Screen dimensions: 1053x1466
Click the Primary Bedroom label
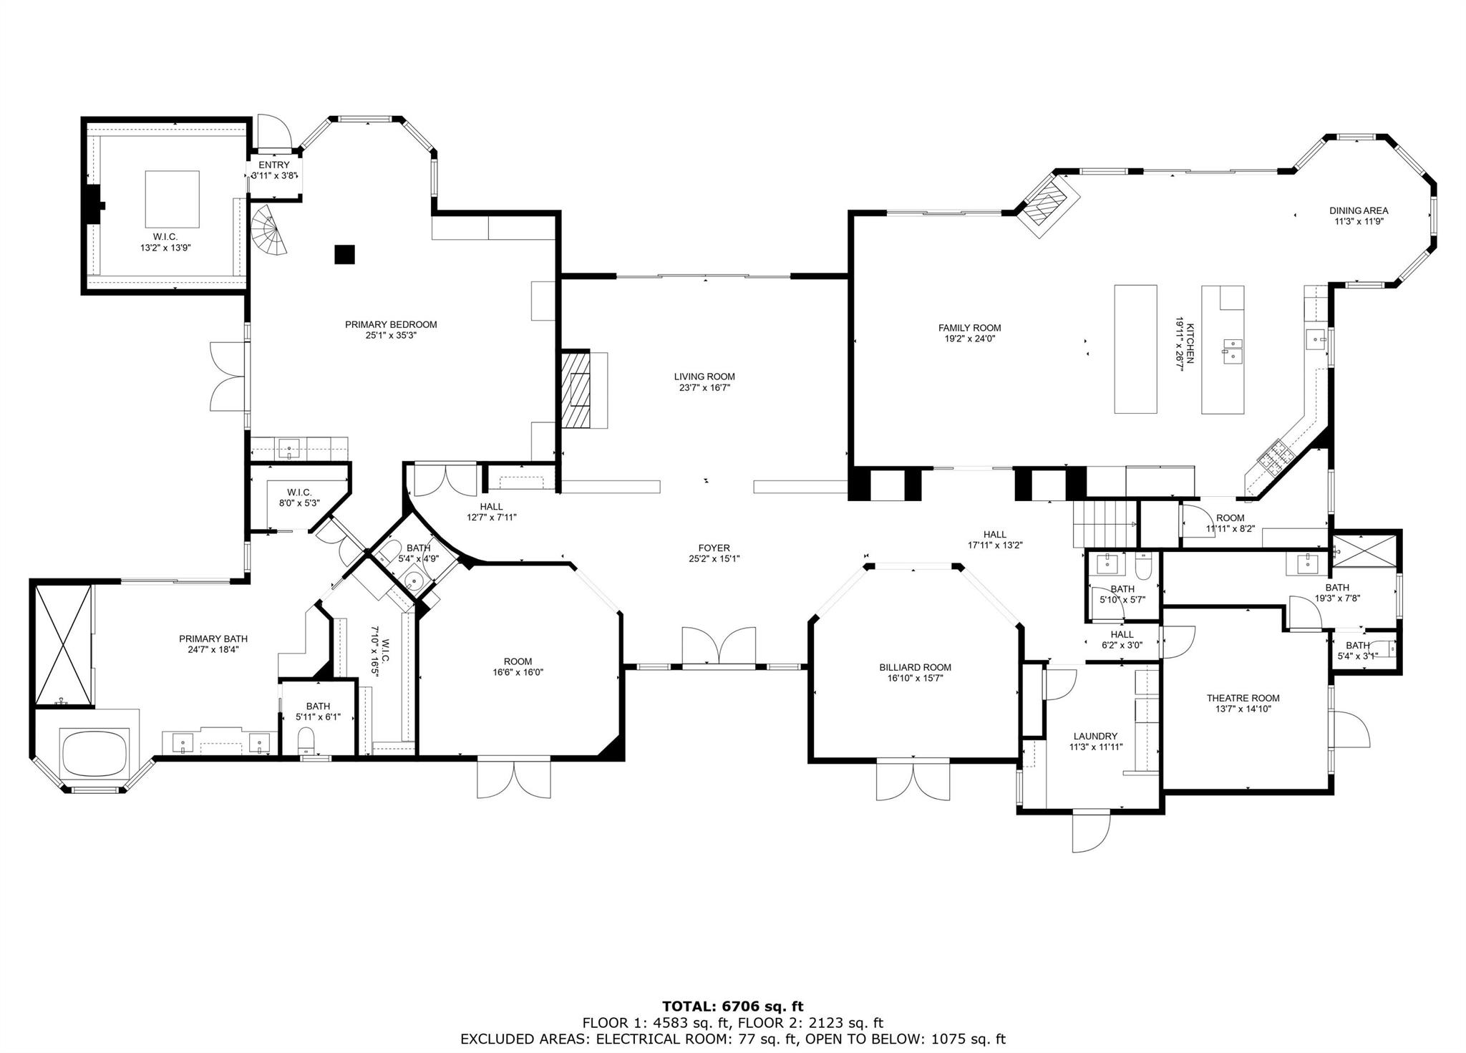point(391,324)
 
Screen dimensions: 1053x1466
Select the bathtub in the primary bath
point(95,752)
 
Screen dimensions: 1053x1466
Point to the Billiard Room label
point(915,667)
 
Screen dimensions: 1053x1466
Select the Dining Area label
point(1359,210)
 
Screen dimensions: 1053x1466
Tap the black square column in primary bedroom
point(345,254)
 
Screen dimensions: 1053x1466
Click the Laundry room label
point(1095,736)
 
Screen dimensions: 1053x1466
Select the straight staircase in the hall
point(1104,524)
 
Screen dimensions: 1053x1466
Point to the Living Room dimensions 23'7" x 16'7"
point(704,388)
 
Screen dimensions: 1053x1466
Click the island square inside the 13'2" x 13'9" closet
point(173,199)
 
